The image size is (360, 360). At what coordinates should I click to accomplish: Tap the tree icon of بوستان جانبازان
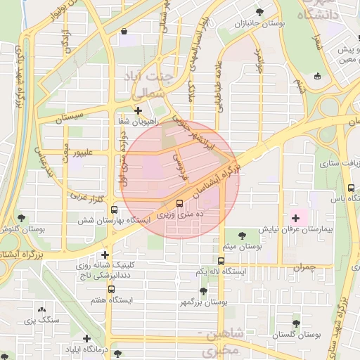tap(260, 12)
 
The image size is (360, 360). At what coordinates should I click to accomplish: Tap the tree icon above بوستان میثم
tap(242, 235)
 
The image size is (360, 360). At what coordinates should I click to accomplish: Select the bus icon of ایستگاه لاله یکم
tap(221, 260)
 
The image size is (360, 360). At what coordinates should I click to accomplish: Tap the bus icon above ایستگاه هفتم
tap(111, 289)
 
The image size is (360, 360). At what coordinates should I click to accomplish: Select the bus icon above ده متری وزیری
tap(179, 202)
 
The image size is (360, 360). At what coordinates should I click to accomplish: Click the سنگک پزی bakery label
tap(39, 321)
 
